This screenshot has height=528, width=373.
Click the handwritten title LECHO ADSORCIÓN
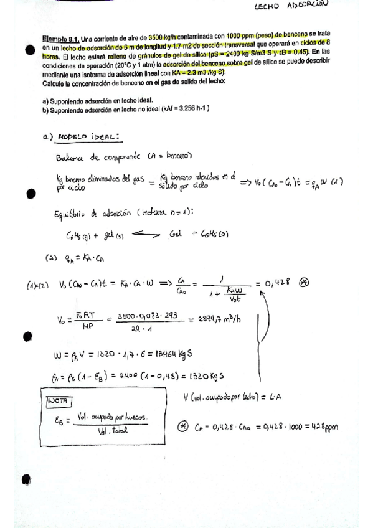click(x=291, y=8)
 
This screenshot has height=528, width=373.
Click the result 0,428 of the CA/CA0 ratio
click(x=278, y=282)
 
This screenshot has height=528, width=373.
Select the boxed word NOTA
click(x=59, y=400)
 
